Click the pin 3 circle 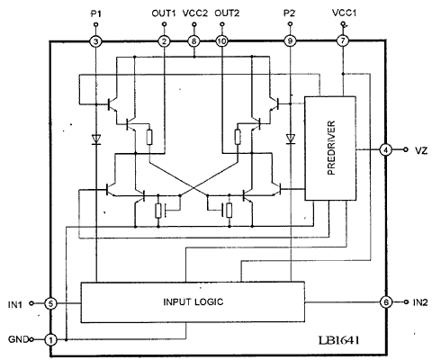[x=96, y=41]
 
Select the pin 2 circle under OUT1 [x=164, y=41]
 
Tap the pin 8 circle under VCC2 [x=194, y=41]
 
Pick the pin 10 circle [x=221, y=41]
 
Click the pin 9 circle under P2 [x=290, y=41]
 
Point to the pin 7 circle [x=343, y=40]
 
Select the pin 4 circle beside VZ [x=385, y=149]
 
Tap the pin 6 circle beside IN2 [x=386, y=302]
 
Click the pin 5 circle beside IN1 [x=50, y=304]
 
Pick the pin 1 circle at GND [x=50, y=340]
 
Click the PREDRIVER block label [x=331, y=148]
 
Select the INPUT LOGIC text [x=193, y=301]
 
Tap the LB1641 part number [x=338, y=340]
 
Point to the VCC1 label [x=345, y=13]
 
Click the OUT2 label [x=227, y=13]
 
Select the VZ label [x=421, y=150]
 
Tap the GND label [x=18, y=339]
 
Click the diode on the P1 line [x=96, y=139]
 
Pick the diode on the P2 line [x=290, y=139]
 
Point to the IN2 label [x=420, y=302]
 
